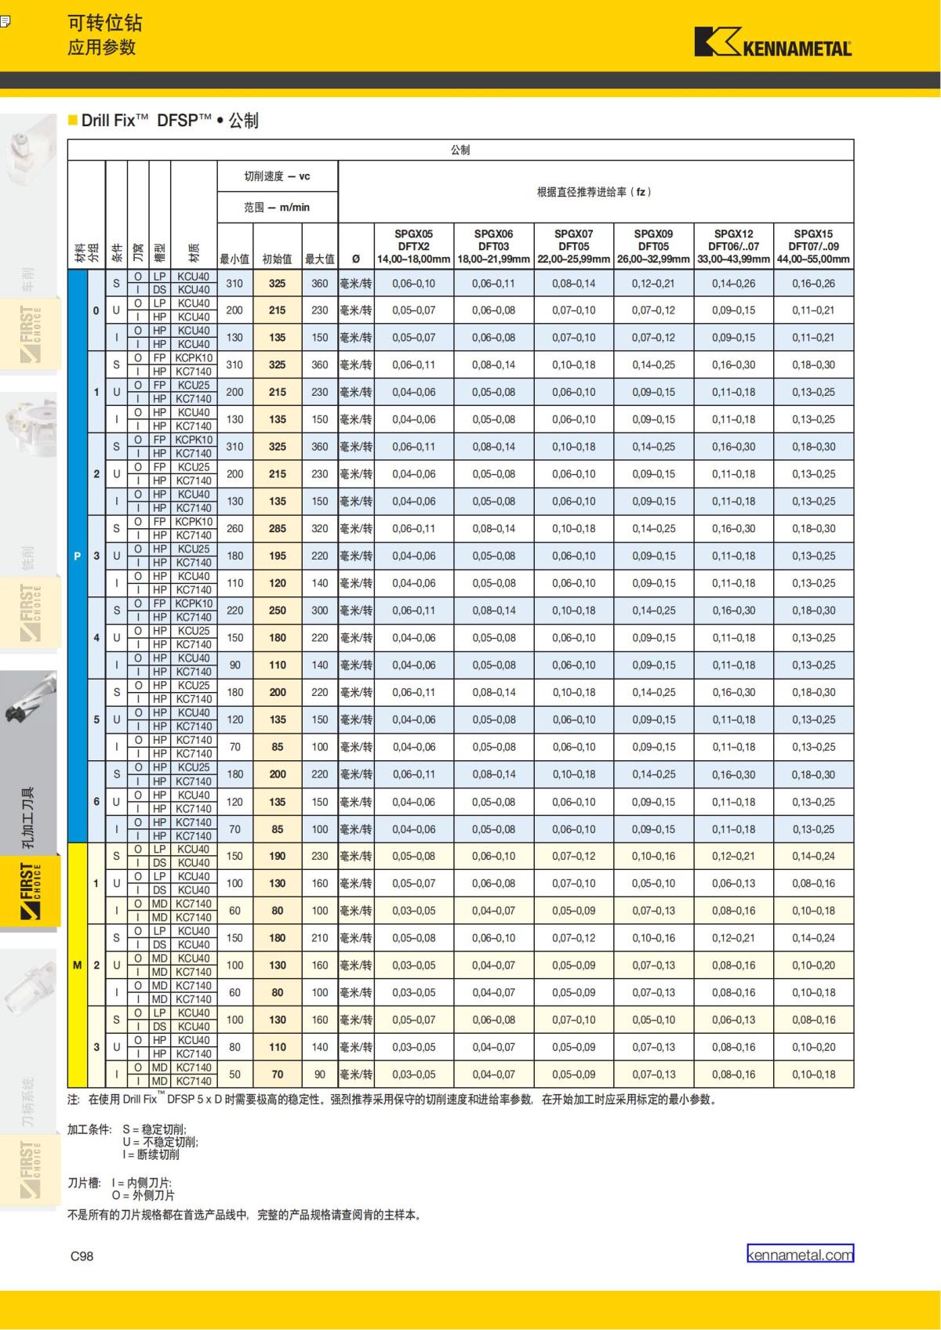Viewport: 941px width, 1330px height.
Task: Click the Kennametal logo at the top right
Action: (x=772, y=43)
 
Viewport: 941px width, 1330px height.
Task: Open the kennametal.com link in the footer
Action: (x=800, y=1255)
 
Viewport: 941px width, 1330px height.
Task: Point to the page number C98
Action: (x=82, y=1256)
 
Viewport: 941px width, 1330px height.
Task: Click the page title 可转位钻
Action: (x=105, y=24)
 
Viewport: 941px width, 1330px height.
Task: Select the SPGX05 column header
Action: (x=413, y=234)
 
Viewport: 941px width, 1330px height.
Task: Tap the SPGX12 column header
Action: (x=733, y=234)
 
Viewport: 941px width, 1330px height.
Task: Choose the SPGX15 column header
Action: (x=813, y=234)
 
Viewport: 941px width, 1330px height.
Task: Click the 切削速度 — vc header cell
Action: (x=277, y=176)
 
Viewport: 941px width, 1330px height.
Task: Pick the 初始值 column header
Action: (x=277, y=259)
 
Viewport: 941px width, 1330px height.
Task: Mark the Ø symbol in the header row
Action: (x=356, y=259)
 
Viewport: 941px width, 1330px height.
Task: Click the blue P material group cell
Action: (x=77, y=556)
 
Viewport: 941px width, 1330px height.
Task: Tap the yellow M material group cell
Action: (x=77, y=965)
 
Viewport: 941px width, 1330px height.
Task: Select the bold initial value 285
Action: (x=277, y=529)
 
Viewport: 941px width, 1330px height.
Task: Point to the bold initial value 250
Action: (x=277, y=611)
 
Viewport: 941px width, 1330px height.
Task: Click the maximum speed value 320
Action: (x=319, y=529)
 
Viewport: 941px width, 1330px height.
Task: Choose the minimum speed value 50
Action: (x=234, y=1075)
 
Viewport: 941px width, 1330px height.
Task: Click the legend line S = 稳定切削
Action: (x=154, y=1129)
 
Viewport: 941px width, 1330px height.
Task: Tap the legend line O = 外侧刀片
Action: (x=144, y=1195)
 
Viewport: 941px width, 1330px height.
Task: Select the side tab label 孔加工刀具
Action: (x=28, y=817)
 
